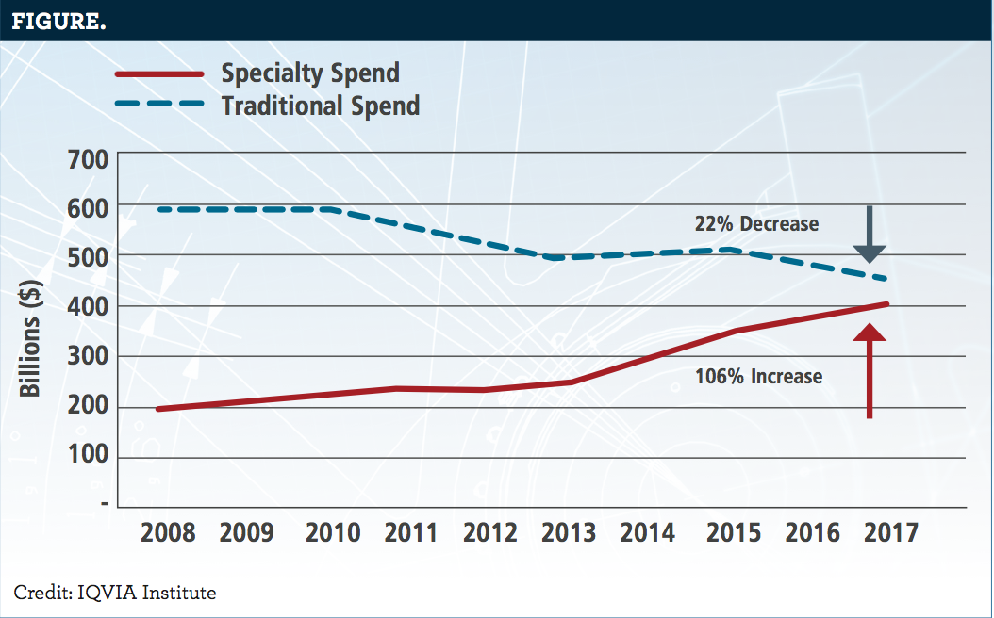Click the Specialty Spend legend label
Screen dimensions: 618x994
tap(310, 73)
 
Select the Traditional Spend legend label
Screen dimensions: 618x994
tap(321, 105)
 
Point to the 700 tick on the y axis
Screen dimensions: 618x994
tap(87, 157)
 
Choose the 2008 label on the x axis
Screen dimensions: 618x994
tap(168, 533)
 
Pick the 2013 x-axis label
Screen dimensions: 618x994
tap(569, 533)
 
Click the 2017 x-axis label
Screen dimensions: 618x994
tap(891, 533)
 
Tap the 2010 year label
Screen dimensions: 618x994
tap(333, 533)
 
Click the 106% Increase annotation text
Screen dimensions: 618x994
tap(758, 377)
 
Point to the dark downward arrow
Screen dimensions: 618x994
tap(870, 236)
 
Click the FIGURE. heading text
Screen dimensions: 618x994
tap(58, 21)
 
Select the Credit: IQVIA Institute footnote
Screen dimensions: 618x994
tap(115, 593)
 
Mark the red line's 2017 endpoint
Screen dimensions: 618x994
tap(886, 304)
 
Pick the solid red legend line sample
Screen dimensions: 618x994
tap(159, 73)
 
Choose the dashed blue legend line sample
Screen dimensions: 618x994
tap(159, 105)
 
